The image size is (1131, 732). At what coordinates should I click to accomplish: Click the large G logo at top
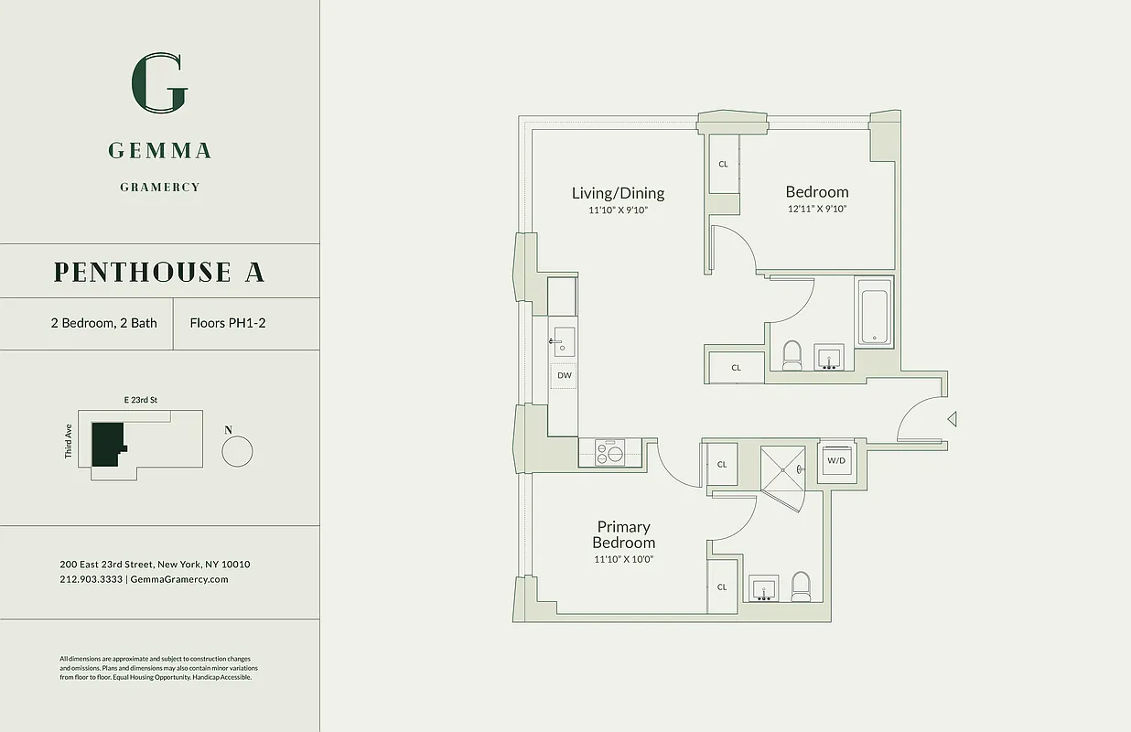click(x=160, y=83)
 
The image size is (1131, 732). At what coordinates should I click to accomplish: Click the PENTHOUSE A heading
click(x=159, y=272)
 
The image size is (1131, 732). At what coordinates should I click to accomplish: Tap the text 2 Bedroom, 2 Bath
click(x=103, y=323)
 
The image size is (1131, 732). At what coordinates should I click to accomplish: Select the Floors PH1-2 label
click(x=228, y=323)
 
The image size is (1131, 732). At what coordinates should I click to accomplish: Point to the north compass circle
click(x=237, y=451)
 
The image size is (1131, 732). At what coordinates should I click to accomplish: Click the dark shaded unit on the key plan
click(x=106, y=445)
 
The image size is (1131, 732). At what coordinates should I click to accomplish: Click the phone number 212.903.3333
click(x=91, y=579)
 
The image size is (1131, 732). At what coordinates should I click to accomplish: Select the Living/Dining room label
click(x=618, y=193)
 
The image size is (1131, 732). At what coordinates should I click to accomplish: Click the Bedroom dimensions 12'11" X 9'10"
click(x=816, y=209)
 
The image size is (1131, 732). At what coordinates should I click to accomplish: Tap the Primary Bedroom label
click(x=623, y=534)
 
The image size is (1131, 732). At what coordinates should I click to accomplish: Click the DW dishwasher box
click(x=564, y=375)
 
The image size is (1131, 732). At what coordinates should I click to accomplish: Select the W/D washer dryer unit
click(x=836, y=460)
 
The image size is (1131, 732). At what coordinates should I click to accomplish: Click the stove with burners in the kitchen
click(x=609, y=452)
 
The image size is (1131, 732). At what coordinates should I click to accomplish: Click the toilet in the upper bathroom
click(x=792, y=355)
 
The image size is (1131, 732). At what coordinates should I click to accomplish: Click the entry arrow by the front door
click(x=952, y=419)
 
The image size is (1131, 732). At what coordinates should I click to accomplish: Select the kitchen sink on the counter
click(x=564, y=340)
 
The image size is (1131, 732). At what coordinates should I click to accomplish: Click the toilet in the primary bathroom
click(x=801, y=586)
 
